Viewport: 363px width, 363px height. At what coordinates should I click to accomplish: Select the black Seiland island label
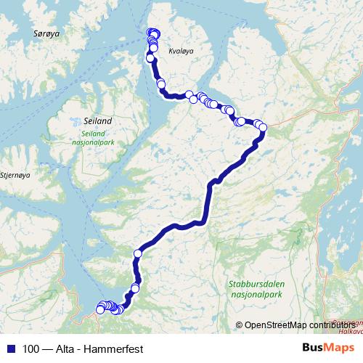tap(97, 121)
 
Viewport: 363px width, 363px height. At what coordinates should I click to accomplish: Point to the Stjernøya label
tap(15, 174)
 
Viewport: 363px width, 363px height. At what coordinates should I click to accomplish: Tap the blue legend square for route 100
tap(11, 348)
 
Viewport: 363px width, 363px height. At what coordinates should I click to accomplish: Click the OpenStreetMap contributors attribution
tap(298, 325)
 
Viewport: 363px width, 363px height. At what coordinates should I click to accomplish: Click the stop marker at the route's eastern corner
tap(263, 128)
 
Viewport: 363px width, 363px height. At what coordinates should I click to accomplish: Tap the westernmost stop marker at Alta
tap(100, 310)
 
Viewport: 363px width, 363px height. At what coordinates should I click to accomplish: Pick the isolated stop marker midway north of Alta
tap(138, 253)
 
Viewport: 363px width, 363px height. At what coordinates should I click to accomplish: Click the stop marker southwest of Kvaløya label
tap(160, 83)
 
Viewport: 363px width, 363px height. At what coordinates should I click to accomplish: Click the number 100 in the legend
tap(31, 348)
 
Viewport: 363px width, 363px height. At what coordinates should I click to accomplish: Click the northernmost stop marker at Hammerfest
tap(152, 32)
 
